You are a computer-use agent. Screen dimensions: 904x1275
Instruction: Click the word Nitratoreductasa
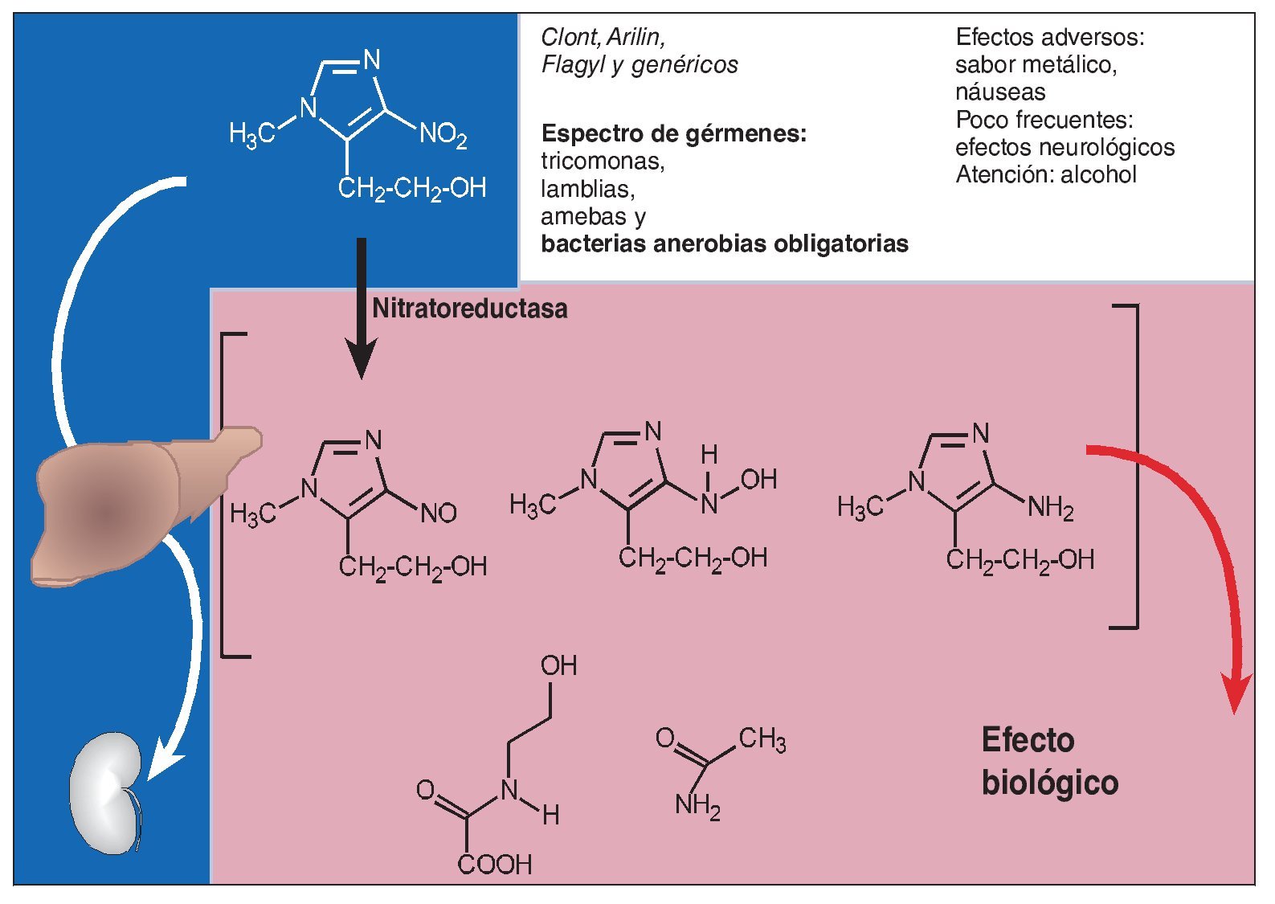(470, 309)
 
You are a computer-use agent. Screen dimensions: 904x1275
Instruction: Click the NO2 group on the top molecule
(443, 134)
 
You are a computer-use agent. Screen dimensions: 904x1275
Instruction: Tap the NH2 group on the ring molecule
(1050, 508)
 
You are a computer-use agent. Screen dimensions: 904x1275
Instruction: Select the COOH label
(495, 865)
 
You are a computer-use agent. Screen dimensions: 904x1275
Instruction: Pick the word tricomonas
(603, 162)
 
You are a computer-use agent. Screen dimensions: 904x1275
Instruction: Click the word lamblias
(587, 189)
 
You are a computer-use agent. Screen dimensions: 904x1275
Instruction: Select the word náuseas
(1000, 92)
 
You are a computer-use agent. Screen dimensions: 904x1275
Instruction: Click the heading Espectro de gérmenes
(673, 133)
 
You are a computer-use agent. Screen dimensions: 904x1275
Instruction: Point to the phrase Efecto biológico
(1049, 761)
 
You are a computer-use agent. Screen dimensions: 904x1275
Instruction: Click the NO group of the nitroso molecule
(439, 513)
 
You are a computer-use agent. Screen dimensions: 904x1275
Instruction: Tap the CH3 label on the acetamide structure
(762, 738)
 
